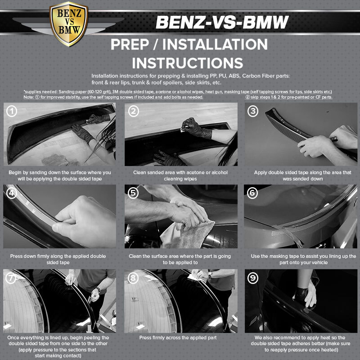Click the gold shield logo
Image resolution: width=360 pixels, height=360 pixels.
tap(69, 23)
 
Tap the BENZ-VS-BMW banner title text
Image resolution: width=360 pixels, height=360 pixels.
tap(222, 22)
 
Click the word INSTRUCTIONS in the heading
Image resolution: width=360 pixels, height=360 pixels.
tap(188, 63)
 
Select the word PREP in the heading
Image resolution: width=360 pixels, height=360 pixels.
tap(130, 44)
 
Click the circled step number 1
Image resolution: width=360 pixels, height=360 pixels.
tap(12, 111)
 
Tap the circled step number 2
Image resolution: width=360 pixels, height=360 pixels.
tap(134, 111)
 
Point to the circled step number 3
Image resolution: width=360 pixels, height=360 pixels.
tap(253, 111)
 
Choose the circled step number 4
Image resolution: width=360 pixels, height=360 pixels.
tap(12, 193)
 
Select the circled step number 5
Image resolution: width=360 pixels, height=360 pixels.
tap(133, 193)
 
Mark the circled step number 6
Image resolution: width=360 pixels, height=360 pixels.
tap(252, 193)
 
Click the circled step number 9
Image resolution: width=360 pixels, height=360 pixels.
tap(253, 278)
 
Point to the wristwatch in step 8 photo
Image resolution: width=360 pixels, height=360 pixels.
tap(210, 274)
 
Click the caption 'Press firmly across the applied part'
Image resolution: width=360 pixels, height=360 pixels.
tap(178, 338)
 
